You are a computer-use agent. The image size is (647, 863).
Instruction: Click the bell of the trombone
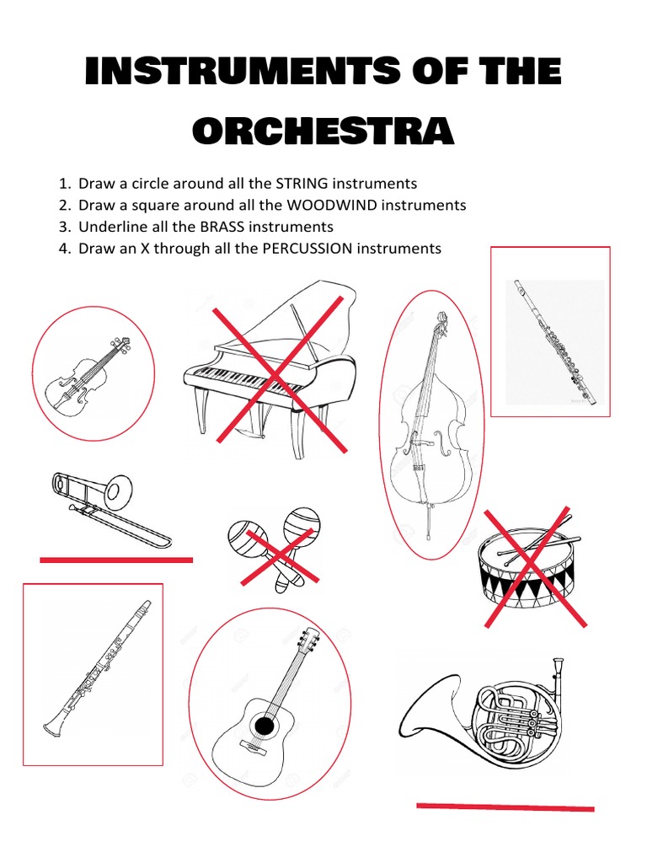pos(119,489)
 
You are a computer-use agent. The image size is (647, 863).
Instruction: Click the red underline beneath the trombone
pos(116,560)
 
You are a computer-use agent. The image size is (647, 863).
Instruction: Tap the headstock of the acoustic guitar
pos(309,643)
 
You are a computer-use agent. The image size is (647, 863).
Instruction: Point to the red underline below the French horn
pos(505,807)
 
